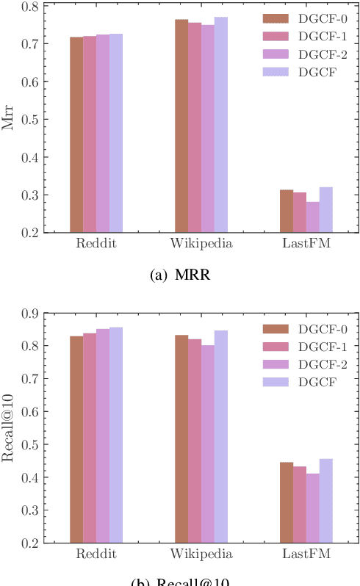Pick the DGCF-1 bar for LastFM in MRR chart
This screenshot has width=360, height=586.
point(300,212)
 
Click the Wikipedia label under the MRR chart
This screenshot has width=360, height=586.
point(201,244)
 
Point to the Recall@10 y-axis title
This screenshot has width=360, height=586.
point(9,428)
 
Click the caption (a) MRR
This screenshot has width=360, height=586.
point(181,275)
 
